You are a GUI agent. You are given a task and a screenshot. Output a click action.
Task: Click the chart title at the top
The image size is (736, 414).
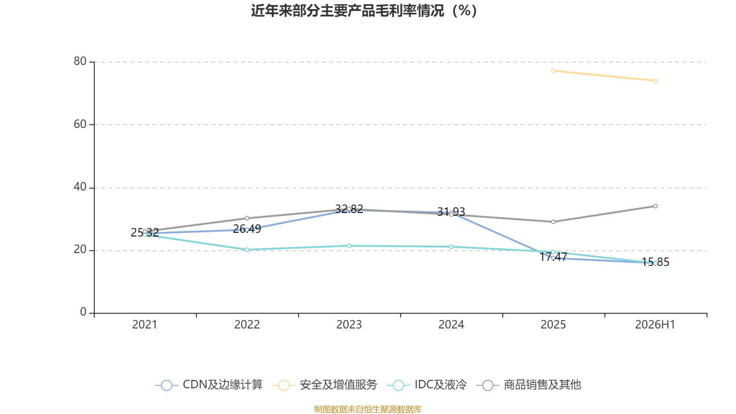(364, 11)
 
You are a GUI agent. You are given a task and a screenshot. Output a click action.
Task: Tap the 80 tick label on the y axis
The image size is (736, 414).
(80, 61)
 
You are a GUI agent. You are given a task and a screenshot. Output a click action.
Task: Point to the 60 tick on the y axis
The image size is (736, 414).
(80, 124)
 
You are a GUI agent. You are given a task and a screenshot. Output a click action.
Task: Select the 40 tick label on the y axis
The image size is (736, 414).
(80, 187)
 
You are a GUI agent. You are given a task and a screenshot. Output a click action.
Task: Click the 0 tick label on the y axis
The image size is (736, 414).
(83, 312)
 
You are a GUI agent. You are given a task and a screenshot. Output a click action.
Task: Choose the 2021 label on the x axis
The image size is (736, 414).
(144, 325)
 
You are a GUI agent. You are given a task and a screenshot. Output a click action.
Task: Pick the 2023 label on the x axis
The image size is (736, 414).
(349, 325)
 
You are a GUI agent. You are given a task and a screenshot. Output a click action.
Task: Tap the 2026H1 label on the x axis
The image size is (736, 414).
(655, 325)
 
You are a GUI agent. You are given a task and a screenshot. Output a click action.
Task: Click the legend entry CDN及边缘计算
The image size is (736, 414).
(209, 385)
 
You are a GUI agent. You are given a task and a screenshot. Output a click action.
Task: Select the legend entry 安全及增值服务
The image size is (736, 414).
(325, 385)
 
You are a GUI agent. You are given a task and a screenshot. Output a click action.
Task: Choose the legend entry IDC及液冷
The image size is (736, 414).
(426, 385)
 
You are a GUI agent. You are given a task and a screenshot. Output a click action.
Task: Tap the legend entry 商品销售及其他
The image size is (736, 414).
(529, 385)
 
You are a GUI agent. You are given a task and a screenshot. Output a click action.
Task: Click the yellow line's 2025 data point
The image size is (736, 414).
(553, 71)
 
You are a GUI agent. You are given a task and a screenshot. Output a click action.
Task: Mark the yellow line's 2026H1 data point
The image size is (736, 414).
(655, 81)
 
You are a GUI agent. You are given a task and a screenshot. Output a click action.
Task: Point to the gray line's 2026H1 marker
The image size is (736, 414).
(655, 206)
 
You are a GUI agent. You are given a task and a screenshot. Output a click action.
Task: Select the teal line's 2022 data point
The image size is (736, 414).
(247, 250)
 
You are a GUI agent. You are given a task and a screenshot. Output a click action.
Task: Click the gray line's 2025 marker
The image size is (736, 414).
(553, 222)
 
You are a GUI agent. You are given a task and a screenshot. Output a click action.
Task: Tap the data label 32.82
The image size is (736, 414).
(349, 209)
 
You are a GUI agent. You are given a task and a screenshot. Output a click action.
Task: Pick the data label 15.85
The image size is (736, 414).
(655, 262)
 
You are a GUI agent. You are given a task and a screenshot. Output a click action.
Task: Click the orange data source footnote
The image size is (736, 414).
(368, 409)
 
